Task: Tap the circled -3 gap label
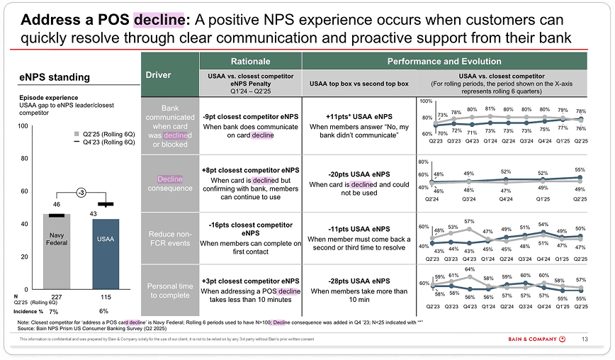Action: pyautogui.click(x=82, y=192)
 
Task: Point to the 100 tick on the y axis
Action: pyautogui.click(x=23, y=126)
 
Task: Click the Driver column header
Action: pyautogui.click(x=158, y=74)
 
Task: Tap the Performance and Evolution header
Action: pyautogui.click(x=444, y=62)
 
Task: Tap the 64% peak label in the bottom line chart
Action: pyautogui.click(x=470, y=269)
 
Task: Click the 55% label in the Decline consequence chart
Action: pyautogui.click(x=580, y=170)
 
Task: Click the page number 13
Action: pyautogui.click(x=585, y=339)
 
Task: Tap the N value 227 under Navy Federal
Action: pyautogui.click(x=57, y=297)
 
